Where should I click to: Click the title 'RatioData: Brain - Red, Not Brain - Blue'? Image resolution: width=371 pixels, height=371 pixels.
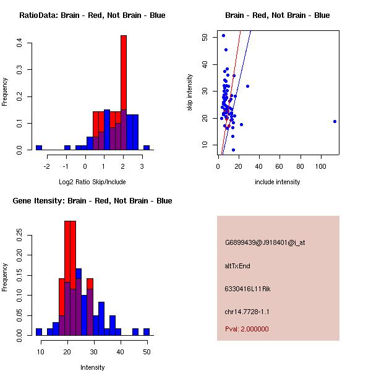point(92,15)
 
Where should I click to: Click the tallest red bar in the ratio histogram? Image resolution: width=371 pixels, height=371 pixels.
point(124,74)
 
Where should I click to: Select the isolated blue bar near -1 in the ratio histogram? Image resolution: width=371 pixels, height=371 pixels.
point(67,148)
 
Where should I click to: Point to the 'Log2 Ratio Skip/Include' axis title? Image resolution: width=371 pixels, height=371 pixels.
point(92,182)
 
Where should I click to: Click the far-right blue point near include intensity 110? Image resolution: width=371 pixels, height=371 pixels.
point(335,121)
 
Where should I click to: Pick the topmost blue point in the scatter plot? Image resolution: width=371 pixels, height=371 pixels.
point(223,35)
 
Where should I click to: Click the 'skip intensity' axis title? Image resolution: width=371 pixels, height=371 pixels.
point(190,93)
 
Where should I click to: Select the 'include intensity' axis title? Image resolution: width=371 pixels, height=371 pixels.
point(278,182)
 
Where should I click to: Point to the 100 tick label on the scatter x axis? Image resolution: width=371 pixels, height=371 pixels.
point(321,166)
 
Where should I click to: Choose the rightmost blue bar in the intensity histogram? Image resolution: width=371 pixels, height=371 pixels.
point(147,331)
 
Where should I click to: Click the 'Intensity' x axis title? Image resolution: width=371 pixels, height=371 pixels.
point(93,367)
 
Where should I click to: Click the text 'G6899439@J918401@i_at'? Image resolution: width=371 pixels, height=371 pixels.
point(265,242)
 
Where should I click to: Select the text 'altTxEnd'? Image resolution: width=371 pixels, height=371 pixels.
point(237,266)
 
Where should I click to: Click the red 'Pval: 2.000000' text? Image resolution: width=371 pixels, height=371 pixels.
point(247,329)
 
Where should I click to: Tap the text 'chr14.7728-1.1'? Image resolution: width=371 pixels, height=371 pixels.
point(247,312)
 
